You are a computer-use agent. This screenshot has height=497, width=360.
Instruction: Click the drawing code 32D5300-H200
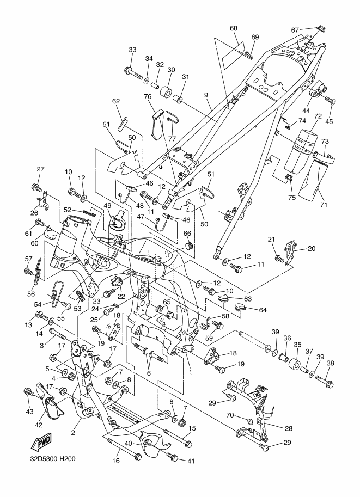(53, 459)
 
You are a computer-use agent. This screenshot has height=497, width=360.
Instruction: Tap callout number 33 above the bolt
(132, 50)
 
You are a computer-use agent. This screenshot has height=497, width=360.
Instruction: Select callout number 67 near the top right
(295, 30)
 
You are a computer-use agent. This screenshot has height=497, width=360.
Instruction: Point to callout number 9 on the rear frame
(206, 95)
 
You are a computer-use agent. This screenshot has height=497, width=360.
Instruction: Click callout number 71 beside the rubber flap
(323, 205)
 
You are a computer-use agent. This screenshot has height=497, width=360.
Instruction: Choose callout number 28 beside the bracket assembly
(288, 428)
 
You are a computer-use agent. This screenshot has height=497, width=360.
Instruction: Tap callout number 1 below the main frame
(191, 372)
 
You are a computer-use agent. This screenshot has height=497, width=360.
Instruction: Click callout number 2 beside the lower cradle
(74, 433)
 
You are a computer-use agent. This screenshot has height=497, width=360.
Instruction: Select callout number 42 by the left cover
(38, 425)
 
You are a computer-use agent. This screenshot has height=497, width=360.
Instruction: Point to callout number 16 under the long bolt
(116, 461)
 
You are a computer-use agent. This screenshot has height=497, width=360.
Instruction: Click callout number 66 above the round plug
(187, 234)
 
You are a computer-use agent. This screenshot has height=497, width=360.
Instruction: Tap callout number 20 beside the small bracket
(312, 248)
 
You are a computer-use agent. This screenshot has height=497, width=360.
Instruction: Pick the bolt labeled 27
(37, 188)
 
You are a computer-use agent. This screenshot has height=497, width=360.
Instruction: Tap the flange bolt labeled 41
(173, 457)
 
